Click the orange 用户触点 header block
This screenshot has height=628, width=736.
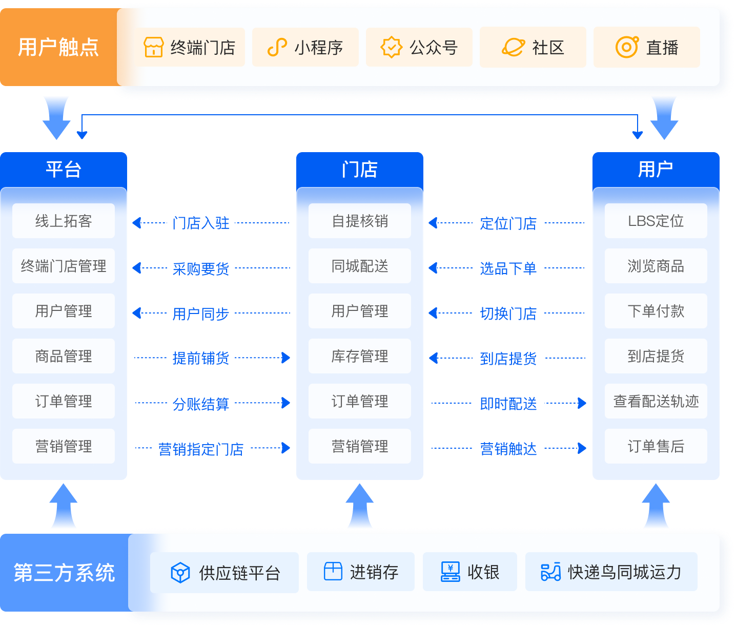pyautogui.click(x=58, y=47)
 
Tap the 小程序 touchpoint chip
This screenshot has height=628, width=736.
pyautogui.click(x=305, y=48)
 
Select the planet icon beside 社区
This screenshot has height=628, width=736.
pyautogui.click(x=513, y=48)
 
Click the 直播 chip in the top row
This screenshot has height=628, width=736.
pyautogui.click(x=646, y=48)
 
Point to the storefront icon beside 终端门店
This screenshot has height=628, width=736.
pyautogui.click(x=154, y=48)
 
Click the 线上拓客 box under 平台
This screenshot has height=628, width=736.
pyautogui.click(x=64, y=221)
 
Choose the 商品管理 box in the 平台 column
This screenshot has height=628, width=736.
pyautogui.click(x=64, y=356)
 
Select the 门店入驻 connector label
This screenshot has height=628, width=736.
pyautogui.click(x=201, y=223)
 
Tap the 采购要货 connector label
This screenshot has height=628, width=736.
pyautogui.click(x=201, y=268)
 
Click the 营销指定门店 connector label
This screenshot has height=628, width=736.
pyautogui.click(x=201, y=449)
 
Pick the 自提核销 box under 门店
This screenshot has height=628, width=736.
pyautogui.click(x=360, y=221)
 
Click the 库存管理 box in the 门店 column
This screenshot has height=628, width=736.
pyautogui.click(x=360, y=356)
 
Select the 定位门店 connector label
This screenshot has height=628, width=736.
pyautogui.click(x=508, y=223)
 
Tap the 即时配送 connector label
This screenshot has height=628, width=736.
pyautogui.click(x=508, y=404)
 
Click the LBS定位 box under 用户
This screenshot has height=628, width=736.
pyautogui.click(x=656, y=221)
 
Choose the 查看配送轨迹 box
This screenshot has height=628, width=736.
pyautogui.click(x=656, y=401)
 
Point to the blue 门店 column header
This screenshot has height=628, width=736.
pyautogui.click(x=360, y=170)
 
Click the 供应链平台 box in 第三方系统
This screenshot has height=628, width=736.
pyautogui.click(x=224, y=573)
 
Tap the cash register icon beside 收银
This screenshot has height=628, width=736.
pyautogui.click(x=450, y=572)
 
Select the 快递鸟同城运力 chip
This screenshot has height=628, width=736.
pyautogui.click(x=611, y=572)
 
